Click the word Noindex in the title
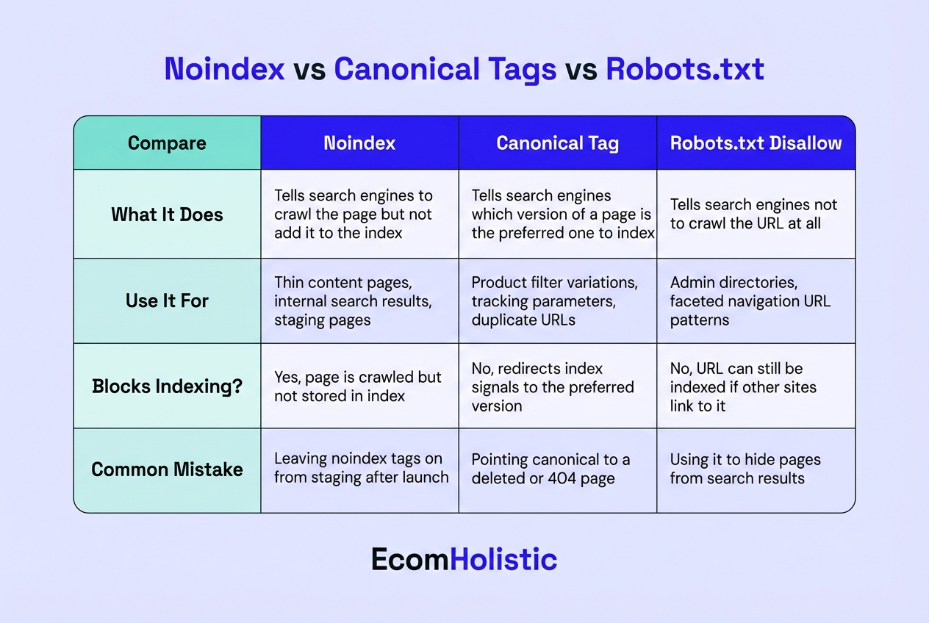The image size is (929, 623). [x=224, y=69]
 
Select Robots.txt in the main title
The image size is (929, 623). [x=685, y=69]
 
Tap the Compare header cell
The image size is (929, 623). [x=167, y=143]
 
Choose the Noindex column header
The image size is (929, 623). [x=359, y=143]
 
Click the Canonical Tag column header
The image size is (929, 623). [x=557, y=143]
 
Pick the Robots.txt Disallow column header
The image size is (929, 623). [x=756, y=143]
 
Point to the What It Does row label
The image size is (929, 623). [x=167, y=215]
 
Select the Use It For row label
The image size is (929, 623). [x=167, y=301]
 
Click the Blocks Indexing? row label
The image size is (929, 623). [x=167, y=386]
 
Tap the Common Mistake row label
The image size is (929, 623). [x=167, y=469]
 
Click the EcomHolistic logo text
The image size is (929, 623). [x=464, y=560]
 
